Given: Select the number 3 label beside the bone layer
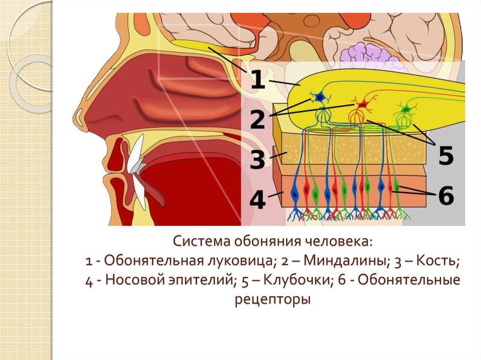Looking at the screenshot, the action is pyautogui.click(x=257, y=160).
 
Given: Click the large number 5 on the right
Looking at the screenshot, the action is pyautogui.click(x=446, y=155).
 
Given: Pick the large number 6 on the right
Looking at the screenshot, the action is pyautogui.click(x=446, y=195).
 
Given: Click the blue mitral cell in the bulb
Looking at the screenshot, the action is pyautogui.click(x=320, y=97).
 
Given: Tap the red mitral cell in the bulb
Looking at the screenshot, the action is pyautogui.click(x=361, y=104).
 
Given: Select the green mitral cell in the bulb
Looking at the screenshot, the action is pyautogui.click(x=405, y=110).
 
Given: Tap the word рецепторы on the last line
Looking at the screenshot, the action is pyautogui.click(x=272, y=299).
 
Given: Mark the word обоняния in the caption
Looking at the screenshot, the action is pyautogui.click(x=267, y=242).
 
